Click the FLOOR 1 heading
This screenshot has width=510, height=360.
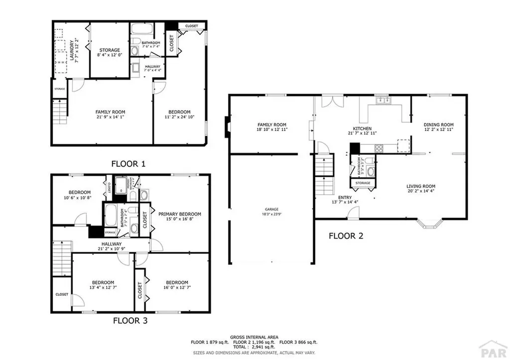[x=128, y=163]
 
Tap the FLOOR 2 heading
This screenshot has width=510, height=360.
[x=346, y=236]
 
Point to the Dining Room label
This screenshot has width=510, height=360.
[x=438, y=125]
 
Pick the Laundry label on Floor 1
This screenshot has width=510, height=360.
[x=72, y=50]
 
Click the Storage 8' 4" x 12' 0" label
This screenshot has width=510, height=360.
[x=109, y=50]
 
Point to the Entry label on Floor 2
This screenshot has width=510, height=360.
[x=345, y=198]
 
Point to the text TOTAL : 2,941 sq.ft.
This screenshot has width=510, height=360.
[x=255, y=348]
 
